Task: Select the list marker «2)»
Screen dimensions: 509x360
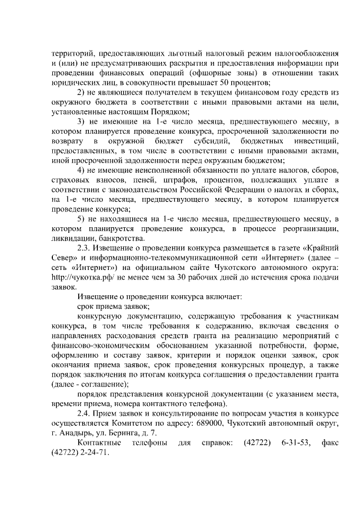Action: pyautogui.click(x=80, y=92)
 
